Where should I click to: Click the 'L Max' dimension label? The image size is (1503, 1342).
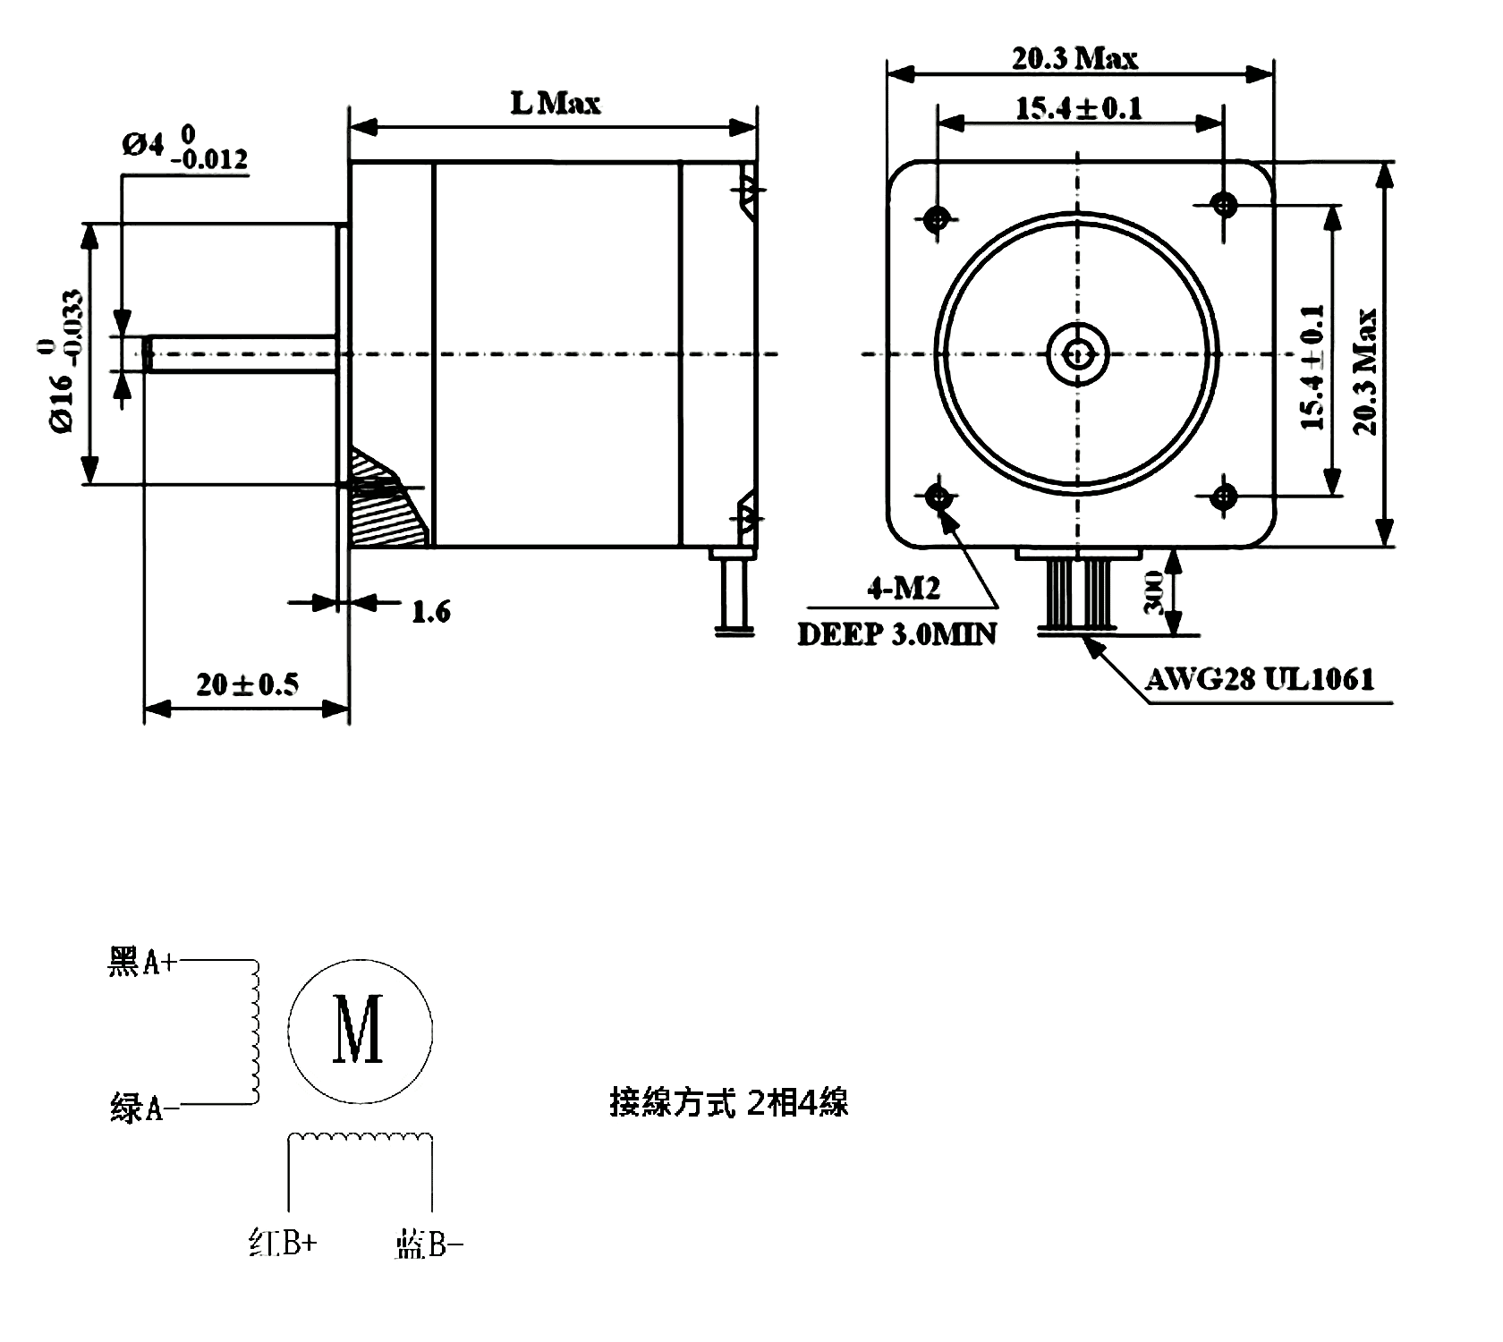pos(556,103)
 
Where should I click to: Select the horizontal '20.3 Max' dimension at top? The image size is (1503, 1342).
pos(1075,58)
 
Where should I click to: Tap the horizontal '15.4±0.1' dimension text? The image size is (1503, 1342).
pos(1079,108)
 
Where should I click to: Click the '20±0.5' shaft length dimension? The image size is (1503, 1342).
pos(248,684)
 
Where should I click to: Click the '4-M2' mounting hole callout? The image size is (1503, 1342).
pos(904,588)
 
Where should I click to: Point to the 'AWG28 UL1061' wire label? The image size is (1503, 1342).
pos(1260,680)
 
